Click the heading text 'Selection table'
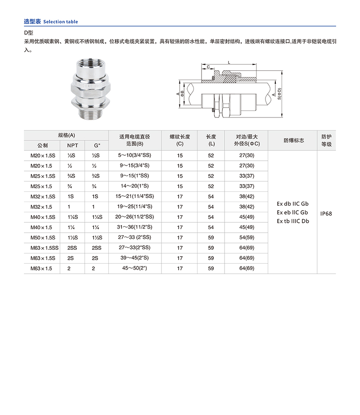coord(60,22)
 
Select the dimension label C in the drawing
coord(208,67)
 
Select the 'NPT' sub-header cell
coord(72,145)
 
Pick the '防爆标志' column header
coord(293,140)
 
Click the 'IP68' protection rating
coord(326,213)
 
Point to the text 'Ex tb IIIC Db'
coord(293,221)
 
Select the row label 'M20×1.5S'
coord(42,155)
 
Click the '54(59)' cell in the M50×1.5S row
coord(247,237)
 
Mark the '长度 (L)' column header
coord(211,140)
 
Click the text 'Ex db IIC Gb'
coord(293,204)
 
